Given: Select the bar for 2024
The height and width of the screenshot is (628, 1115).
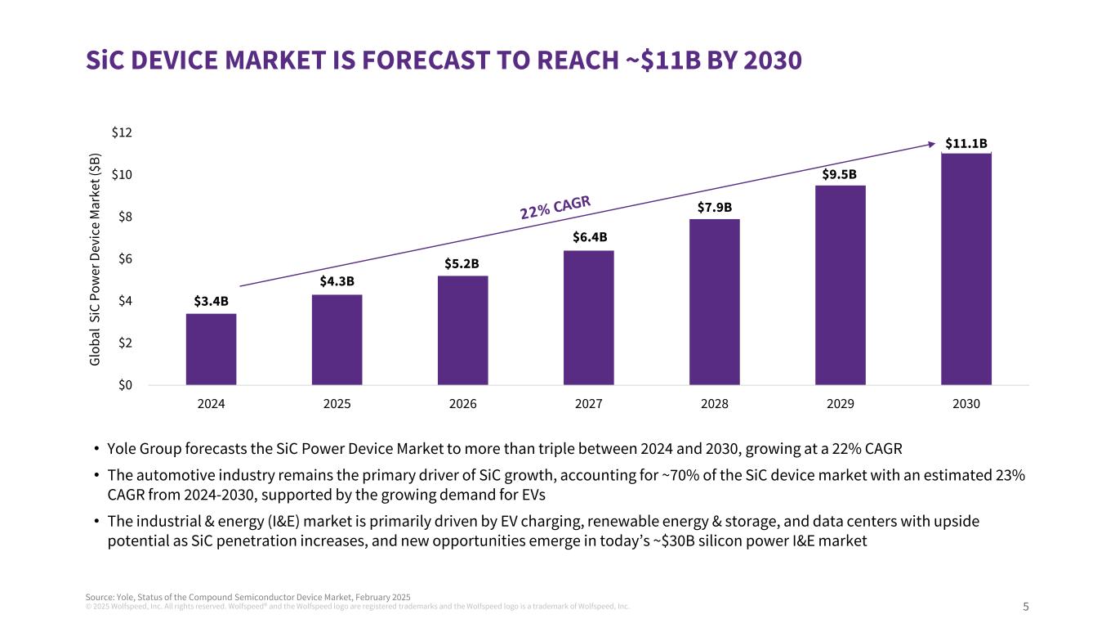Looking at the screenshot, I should click(x=211, y=349).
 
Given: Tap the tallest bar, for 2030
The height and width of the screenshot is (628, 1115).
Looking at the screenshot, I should click(x=966, y=269).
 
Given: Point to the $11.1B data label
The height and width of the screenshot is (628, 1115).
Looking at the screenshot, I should click(x=966, y=143).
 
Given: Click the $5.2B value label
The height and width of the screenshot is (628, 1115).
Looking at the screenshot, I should click(x=462, y=263).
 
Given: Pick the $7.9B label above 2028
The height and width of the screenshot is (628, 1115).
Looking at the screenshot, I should click(x=714, y=207).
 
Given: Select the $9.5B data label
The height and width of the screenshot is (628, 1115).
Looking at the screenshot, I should click(x=840, y=174).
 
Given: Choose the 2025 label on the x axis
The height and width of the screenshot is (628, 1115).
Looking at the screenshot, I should click(x=337, y=405).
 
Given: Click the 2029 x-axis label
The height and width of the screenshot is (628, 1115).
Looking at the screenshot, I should click(x=840, y=405).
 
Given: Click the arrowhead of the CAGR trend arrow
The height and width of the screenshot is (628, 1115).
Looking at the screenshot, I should click(x=933, y=144).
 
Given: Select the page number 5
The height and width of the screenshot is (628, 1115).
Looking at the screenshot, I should click(x=1026, y=607).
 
